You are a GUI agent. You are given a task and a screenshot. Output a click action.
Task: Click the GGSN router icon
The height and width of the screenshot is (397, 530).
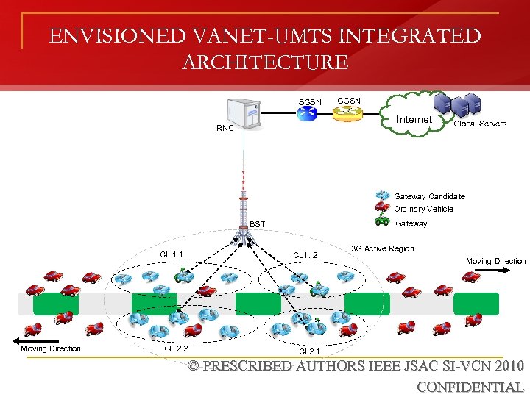(x=347, y=112)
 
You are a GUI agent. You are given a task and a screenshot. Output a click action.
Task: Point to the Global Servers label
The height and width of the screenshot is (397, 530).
(x=479, y=124)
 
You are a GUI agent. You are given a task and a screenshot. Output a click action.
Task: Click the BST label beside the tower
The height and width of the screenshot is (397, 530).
(x=258, y=223)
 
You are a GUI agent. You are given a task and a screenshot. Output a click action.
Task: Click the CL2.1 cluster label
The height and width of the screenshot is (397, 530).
(x=308, y=351)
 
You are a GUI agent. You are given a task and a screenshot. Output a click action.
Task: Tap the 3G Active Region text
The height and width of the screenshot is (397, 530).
(x=382, y=248)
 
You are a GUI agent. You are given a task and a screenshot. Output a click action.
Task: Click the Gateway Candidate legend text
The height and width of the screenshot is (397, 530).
(x=429, y=196)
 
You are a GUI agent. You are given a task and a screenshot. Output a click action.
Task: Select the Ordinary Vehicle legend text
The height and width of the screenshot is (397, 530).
(x=423, y=209)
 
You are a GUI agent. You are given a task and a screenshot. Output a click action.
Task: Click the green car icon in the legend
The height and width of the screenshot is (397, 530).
(x=382, y=220)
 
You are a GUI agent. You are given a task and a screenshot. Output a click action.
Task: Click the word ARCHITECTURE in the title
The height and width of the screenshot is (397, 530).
(x=265, y=62)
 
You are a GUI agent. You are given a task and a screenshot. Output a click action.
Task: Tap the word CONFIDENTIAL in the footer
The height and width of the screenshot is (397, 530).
(x=470, y=387)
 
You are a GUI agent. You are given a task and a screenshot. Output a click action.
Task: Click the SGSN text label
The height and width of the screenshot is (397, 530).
(x=309, y=101)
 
